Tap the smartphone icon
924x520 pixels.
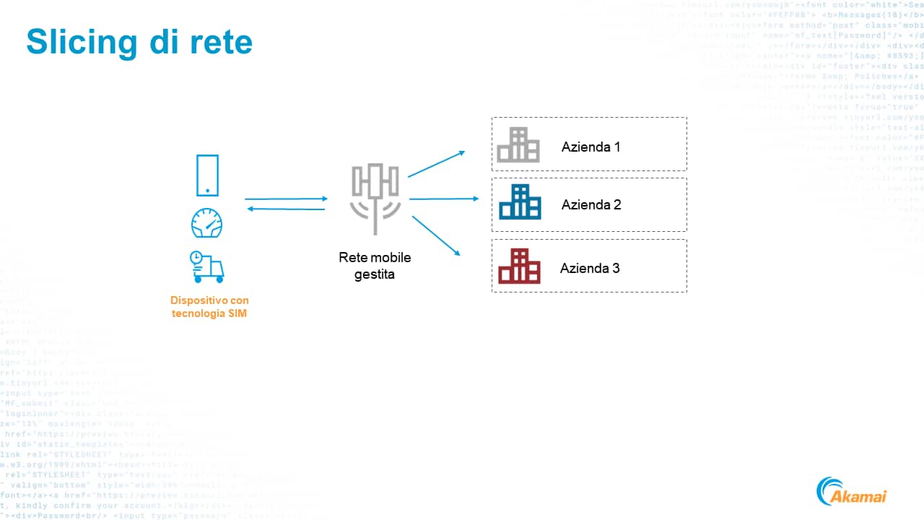pos(207,175)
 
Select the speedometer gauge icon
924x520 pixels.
pos(207,223)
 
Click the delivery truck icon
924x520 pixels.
pos(207,266)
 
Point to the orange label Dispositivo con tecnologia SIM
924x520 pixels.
pos(209,307)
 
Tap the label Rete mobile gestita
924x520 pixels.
pos(375,266)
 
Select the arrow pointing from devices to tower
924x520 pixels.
pos(286,199)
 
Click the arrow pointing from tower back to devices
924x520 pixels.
pos(286,209)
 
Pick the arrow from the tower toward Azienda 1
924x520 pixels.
pos(436,164)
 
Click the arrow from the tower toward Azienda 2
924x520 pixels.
pos(443,199)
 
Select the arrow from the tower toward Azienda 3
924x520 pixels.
pos(436,235)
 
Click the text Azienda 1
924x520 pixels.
pos(591,147)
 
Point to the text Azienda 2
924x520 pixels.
pos(591,204)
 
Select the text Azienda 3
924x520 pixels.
pos(590,268)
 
